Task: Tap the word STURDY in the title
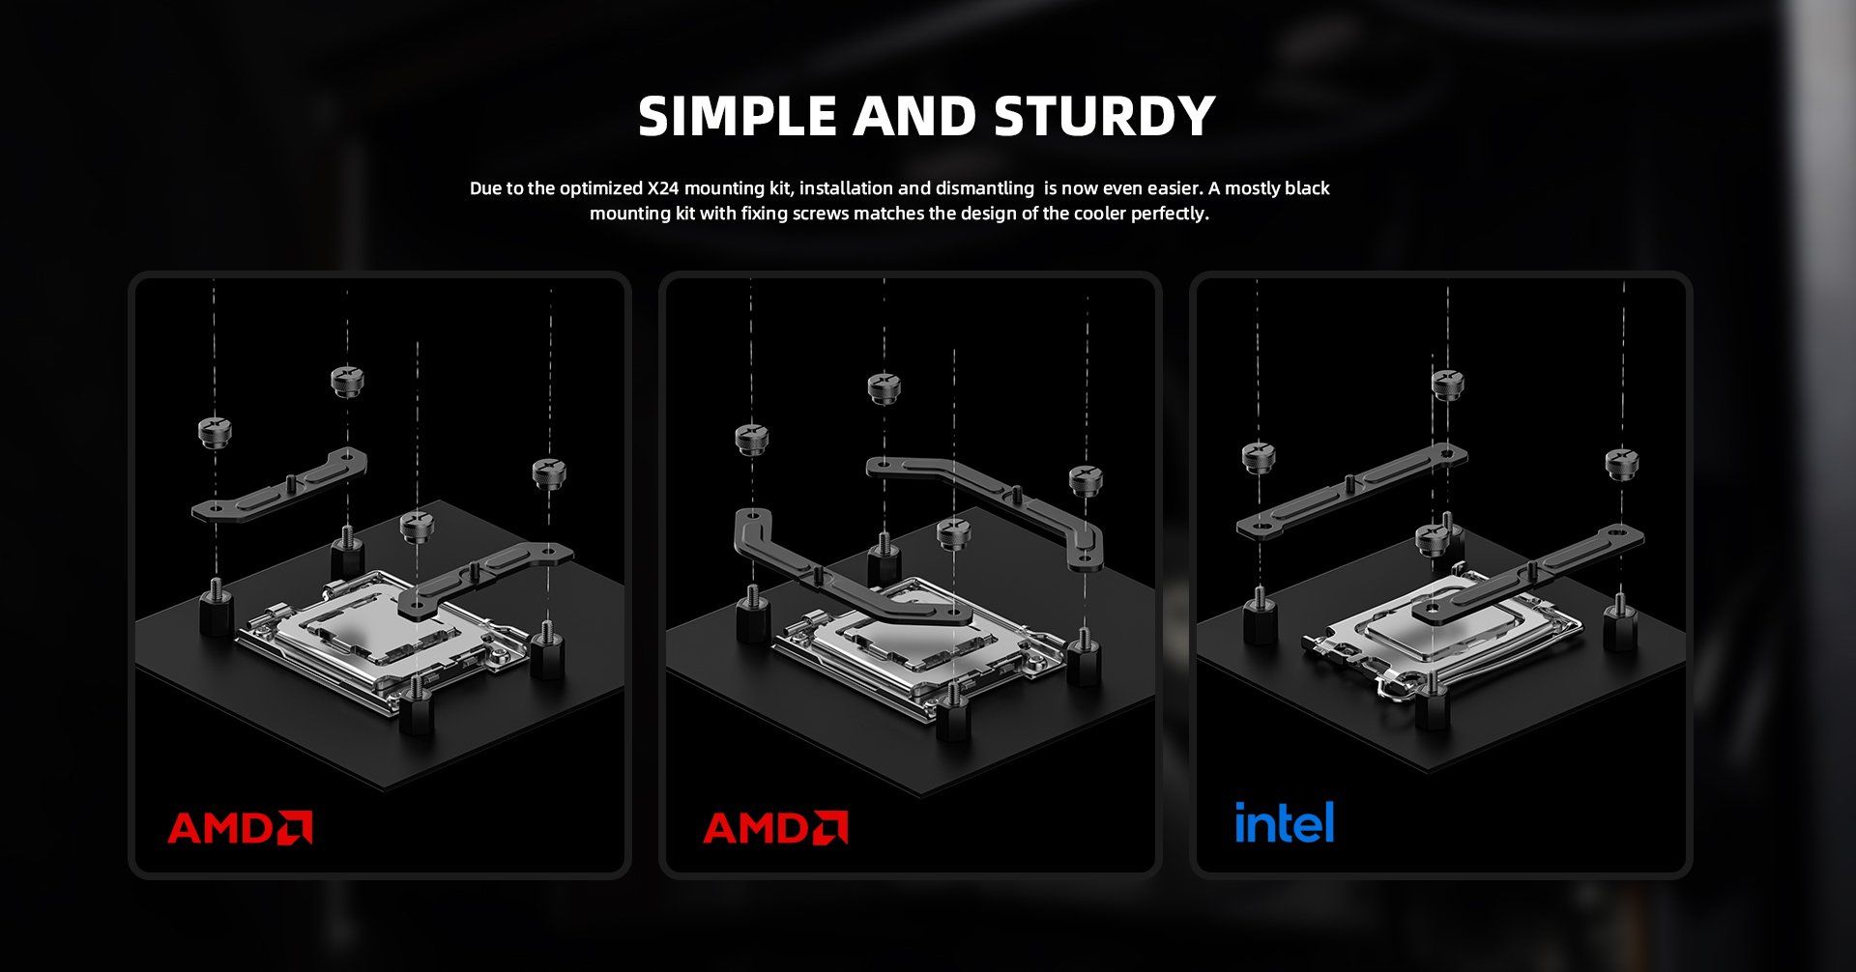coord(1104,116)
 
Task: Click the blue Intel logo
coord(1284,822)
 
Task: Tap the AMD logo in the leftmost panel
coord(240,828)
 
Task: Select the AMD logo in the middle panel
coord(775,828)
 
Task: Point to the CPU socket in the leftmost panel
coord(382,638)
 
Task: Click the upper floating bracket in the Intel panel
coord(1351,490)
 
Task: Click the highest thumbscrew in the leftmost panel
coord(346,381)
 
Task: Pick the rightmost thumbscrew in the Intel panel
coord(1622,463)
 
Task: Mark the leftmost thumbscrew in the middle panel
coord(751,439)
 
